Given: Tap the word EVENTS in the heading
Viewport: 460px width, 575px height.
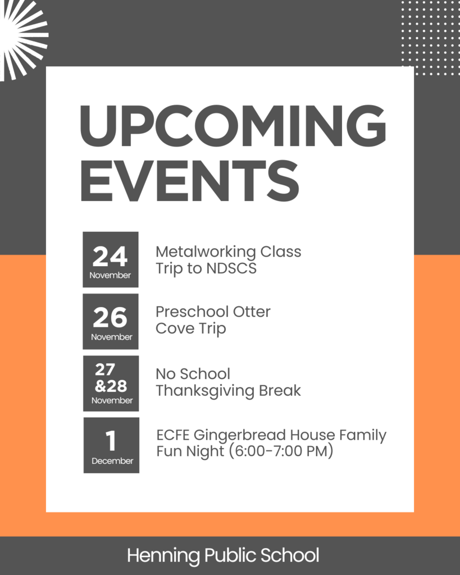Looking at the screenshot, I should [189, 180].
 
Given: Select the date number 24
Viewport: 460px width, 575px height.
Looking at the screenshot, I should [110, 257].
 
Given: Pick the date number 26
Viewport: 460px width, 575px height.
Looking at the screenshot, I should [110, 318].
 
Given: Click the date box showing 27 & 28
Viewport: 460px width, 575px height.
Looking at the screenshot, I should [111, 383].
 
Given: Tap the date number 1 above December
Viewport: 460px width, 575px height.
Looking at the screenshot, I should [111, 441].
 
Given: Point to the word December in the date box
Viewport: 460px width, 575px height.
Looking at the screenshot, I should [112, 461].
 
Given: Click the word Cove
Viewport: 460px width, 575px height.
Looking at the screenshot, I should [173, 328].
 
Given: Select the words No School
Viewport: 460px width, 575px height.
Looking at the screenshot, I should [193, 374].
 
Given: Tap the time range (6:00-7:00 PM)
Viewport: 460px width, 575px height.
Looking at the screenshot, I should [281, 451].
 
